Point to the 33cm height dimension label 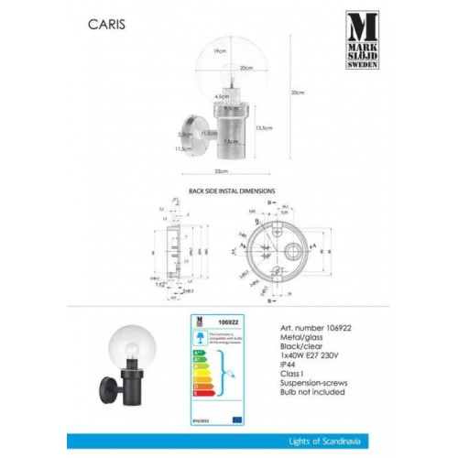296,93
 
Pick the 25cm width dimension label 220,171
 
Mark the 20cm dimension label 245,68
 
